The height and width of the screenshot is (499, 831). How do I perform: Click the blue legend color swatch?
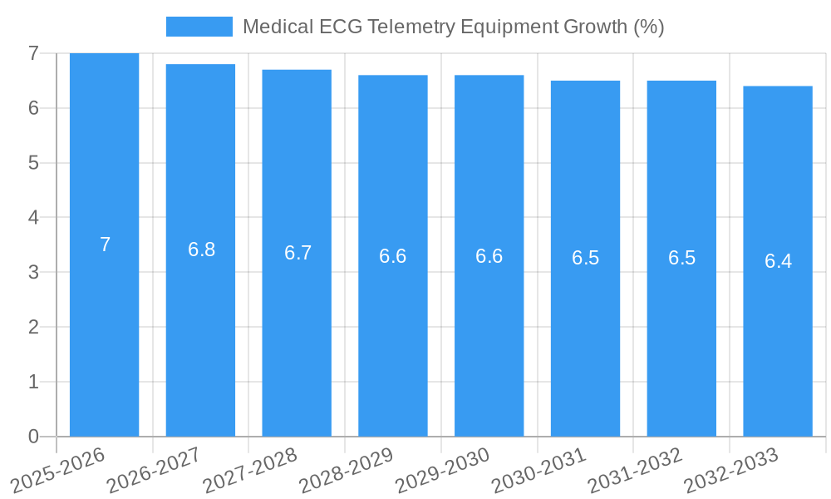click(x=199, y=27)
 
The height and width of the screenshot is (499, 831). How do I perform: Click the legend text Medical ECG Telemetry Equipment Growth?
click(x=453, y=27)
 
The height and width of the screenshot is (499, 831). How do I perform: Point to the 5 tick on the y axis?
click(x=33, y=163)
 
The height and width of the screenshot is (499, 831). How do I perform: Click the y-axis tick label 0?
click(x=33, y=437)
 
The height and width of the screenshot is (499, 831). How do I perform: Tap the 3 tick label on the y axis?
click(x=33, y=272)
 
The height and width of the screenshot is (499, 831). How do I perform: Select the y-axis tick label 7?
click(x=33, y=53)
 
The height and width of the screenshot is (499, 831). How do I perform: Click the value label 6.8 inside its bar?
click(x=201, y=249)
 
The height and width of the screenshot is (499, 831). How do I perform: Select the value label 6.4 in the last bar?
click(x=778, y=261)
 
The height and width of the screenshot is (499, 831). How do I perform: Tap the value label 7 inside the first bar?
click(x=105, y=245)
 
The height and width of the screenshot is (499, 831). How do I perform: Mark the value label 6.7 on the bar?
click(x=297, y=253)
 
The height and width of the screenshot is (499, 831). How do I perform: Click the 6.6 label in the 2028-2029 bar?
click(x=392, y=256)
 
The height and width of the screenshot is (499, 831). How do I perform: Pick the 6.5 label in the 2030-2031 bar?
click(x=585, y=258)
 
